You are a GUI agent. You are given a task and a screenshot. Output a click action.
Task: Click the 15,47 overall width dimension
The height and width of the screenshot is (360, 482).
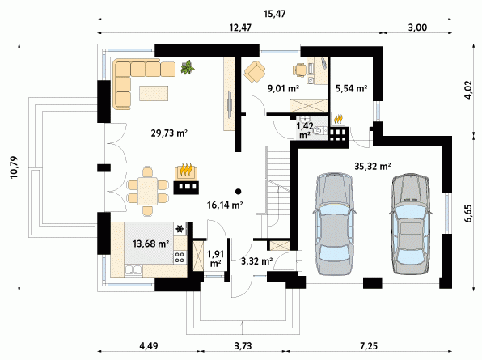(274, 14)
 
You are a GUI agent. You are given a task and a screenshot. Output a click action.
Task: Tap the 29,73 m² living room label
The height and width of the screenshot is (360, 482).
(169, 133)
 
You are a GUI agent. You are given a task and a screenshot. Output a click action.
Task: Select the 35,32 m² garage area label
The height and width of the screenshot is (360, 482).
(373, 167)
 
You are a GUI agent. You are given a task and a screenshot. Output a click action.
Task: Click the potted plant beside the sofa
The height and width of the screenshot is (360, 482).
(187, 67)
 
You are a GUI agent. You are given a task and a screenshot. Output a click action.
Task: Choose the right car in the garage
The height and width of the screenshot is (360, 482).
(410, 223)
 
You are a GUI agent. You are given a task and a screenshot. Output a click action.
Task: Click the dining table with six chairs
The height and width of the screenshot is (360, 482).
(147, 191)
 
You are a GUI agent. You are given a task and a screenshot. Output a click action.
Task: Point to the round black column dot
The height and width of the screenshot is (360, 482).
(238, 192)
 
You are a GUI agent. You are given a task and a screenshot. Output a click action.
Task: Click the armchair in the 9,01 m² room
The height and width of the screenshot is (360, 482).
(255, 72)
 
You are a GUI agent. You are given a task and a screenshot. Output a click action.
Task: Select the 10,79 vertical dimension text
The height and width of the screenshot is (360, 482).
(14, 167)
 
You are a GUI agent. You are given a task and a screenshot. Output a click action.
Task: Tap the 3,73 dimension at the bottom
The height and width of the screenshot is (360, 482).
(243, 346)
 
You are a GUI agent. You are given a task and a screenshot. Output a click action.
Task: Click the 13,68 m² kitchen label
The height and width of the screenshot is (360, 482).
(150, 244)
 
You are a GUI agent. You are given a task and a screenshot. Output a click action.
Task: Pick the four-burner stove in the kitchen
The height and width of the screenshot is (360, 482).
(180, 257)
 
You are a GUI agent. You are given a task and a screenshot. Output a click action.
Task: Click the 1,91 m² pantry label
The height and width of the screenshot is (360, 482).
(215, 259)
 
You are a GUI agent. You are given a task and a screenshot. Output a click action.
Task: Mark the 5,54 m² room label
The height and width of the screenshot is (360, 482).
(351, 89)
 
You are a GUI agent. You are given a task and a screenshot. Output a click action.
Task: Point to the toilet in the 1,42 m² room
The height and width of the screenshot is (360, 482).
(319, 131)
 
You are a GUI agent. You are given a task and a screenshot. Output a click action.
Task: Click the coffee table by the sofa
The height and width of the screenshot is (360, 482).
(154, 93)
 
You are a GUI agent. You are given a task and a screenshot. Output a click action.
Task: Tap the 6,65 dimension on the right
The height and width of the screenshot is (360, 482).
(468, 213)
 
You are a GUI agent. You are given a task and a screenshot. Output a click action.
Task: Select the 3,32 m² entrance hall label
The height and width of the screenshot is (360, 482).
(256, 261)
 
